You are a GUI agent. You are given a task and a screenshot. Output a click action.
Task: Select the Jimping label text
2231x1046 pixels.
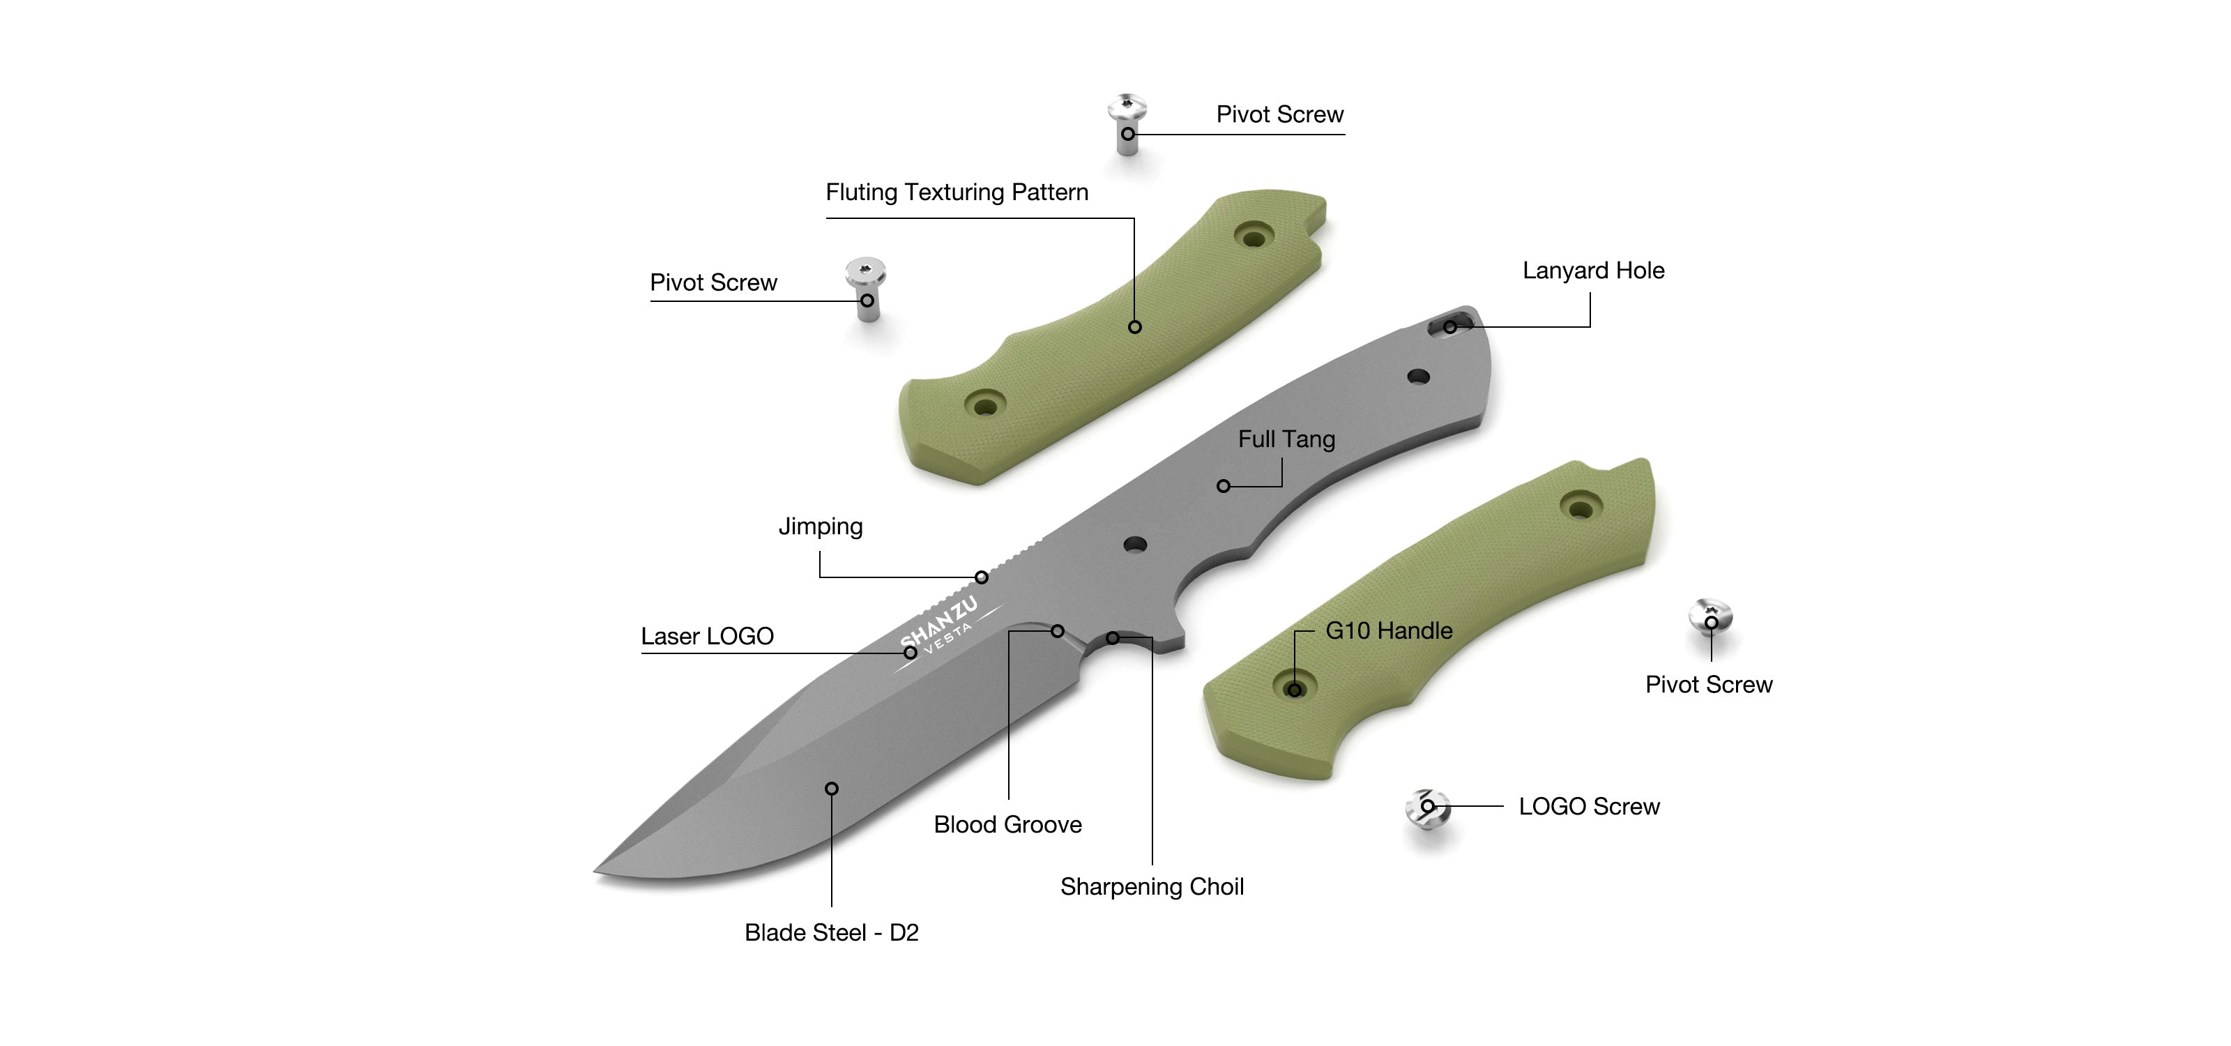[x=820, y=526]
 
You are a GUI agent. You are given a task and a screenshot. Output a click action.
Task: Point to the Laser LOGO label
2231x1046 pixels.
[x=707, y=637]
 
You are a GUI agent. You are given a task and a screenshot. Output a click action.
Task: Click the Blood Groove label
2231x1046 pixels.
[x=1007, y=824]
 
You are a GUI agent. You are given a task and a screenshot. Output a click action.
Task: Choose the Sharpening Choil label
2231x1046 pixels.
[x=1152, y=887]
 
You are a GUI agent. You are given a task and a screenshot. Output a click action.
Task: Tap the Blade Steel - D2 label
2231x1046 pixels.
[x=832, y=932]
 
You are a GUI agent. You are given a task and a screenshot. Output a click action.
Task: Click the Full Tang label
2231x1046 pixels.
[x=1286, y=439]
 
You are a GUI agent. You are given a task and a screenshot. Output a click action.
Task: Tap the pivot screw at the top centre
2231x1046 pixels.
[x=1127, y=121]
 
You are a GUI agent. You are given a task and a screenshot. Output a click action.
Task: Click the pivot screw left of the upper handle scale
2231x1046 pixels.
[x=866, y=286]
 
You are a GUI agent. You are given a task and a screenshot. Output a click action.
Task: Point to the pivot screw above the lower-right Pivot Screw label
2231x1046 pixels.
[x=1710, y=617]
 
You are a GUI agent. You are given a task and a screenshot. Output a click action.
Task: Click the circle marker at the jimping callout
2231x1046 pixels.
[x=981, y=577]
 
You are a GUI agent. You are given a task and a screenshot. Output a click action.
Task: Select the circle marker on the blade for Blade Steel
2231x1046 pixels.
[x=832, y=789]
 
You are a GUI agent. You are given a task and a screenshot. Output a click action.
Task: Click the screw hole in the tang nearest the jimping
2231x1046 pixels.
[x=1134, y=545]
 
